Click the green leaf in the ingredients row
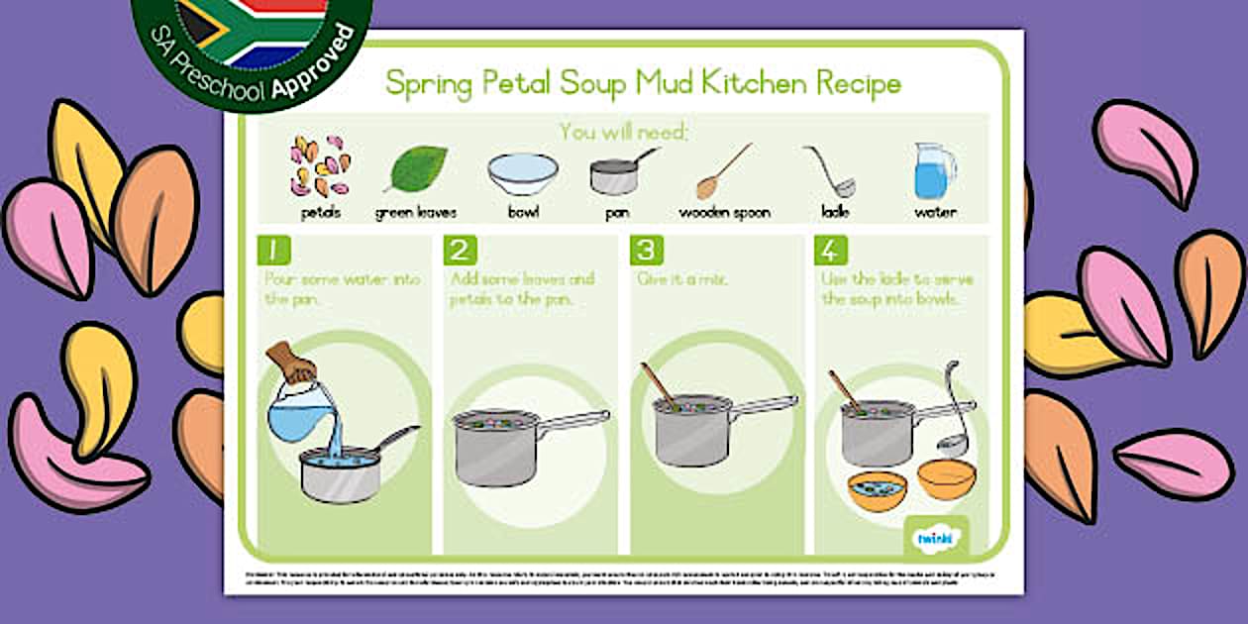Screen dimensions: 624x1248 [x=415, y=169]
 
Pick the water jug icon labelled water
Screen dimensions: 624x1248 [x=934, y=170]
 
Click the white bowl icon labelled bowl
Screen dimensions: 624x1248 [x=522, y=174]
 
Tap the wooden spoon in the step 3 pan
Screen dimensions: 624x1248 [x=660, y=385]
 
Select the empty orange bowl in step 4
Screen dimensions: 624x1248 [x=946, y=479]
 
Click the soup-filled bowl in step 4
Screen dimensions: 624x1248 [x=877, y=488]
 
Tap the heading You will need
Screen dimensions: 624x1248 [x=623, y=131]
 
